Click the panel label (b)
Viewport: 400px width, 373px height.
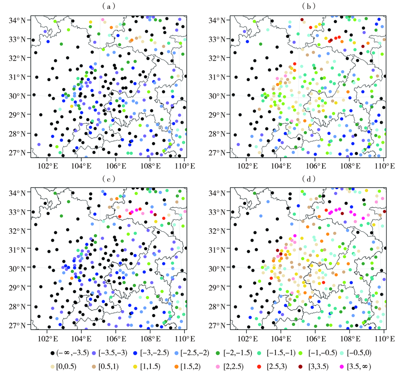tap(307, 6)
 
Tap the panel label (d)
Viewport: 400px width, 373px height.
tap(307, 179)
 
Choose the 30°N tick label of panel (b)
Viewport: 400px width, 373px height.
tap(217, 96)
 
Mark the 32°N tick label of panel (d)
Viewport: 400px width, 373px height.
tap(217, 230)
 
